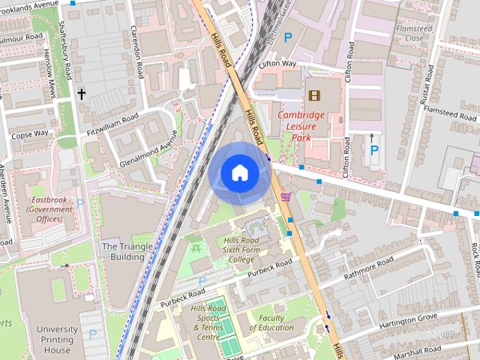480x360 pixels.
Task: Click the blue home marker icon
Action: pos(239,172)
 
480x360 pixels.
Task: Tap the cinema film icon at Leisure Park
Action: pos(313,95)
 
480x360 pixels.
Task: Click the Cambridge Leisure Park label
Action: pos(301,127)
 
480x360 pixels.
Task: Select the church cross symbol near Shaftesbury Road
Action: pos(81,94)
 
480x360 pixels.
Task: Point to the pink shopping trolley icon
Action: pos(286,196)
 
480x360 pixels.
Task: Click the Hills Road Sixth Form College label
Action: pos(241,250)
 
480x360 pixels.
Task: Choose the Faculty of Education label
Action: pos(271,322)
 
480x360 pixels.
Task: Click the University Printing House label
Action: pos(57,339)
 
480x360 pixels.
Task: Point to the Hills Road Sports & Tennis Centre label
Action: pos(208,322)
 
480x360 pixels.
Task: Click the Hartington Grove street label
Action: pos(408,320)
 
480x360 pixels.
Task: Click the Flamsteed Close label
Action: pos(414,33)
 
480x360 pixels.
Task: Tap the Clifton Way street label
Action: pos(277,65)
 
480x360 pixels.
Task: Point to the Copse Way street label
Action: pos(29,133)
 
